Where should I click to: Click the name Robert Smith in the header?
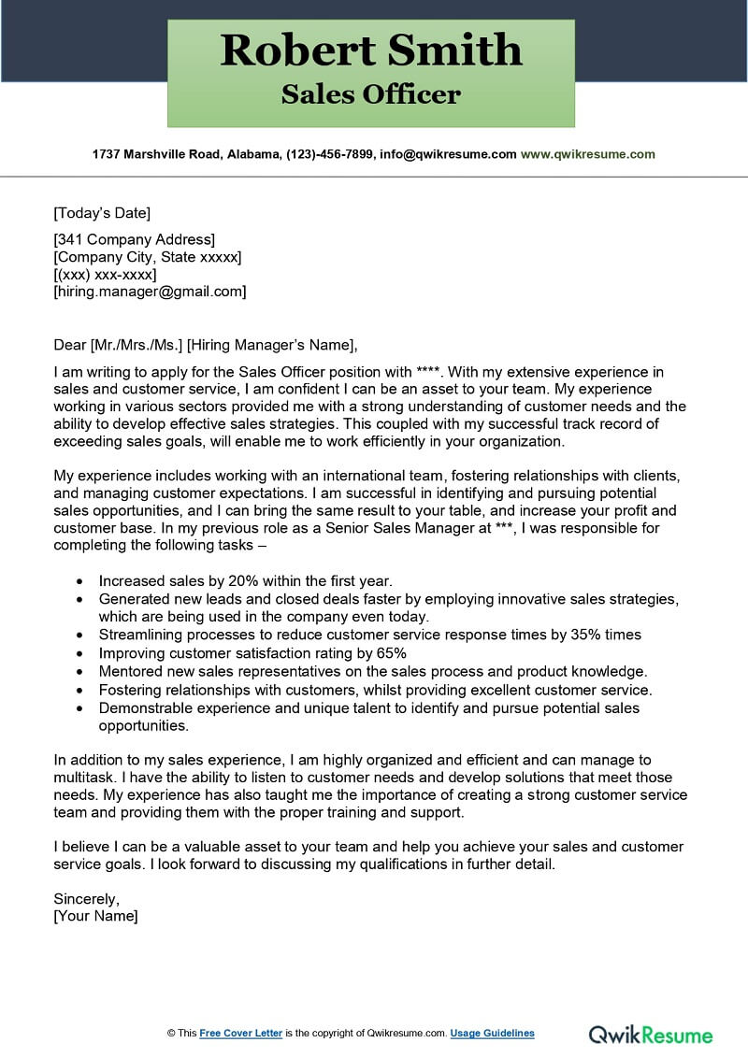371,50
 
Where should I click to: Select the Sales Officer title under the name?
371,94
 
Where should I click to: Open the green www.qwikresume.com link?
587,154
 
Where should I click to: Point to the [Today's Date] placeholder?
102,212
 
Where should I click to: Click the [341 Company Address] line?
134,239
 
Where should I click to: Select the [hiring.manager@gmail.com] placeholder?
150,292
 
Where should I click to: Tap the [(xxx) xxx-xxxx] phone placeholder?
105,274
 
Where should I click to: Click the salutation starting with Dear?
206,344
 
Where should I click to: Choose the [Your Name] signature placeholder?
95,916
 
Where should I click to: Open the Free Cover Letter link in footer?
240,1033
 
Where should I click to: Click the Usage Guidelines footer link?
492,1033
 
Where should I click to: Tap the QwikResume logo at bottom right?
650,1034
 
